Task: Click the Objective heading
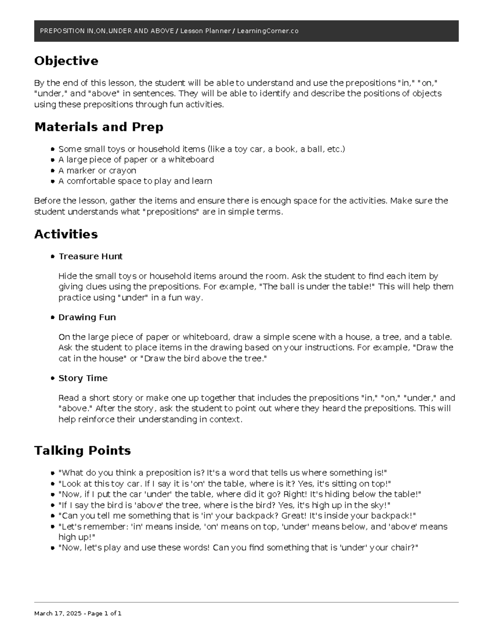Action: click(x=66, y=61)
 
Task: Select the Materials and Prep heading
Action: click(x=99, y=127)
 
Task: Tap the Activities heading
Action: click(x=66, y=234)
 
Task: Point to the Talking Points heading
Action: click(x=82, y=451)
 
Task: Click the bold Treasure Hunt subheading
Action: click(x=90, y=256)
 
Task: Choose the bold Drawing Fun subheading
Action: click(x=87, y=317)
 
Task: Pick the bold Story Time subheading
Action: click(x=83, y=378)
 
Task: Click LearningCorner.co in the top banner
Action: click(x=267, y=31)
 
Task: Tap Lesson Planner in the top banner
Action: click(x=205, y=31)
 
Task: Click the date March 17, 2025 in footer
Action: click(x=57, y=613)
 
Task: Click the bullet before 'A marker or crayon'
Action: click(x=53, y=170)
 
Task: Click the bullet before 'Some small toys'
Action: click(x=53, y=149)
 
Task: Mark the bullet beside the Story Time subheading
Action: click(x=53, y=378)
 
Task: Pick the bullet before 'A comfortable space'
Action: click(x=53, y=181)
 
